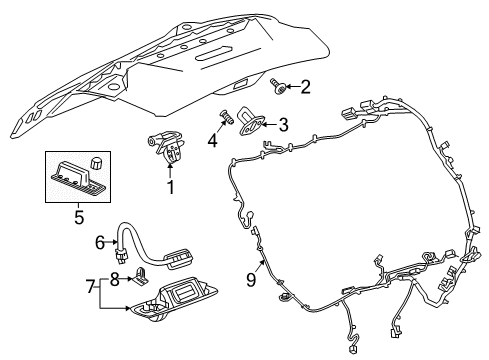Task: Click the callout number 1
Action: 170,187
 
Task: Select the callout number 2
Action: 306,88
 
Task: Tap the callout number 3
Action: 283,125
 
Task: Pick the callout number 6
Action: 100,240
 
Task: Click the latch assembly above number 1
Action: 168,146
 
